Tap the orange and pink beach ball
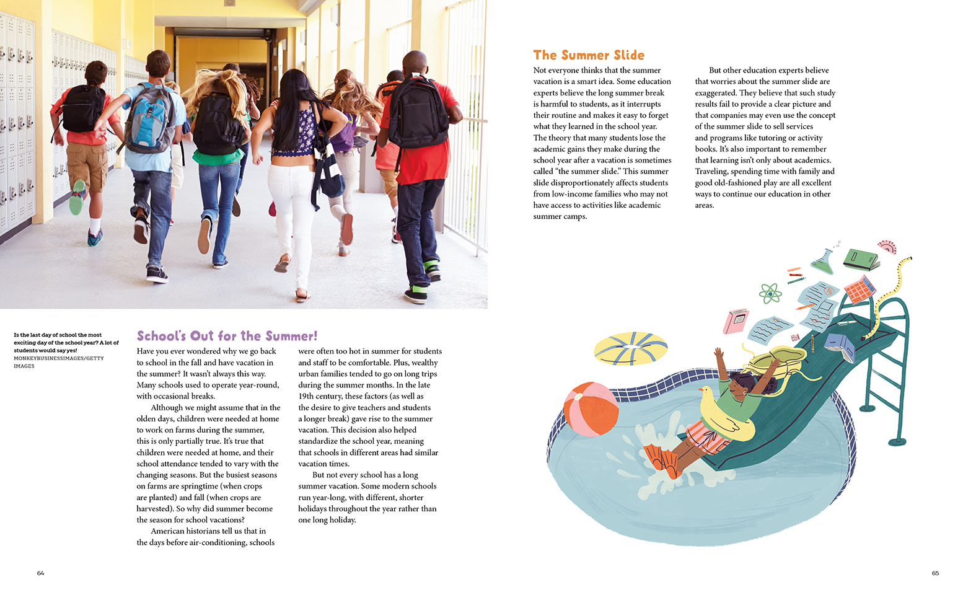point(591,409)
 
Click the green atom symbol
point(770,293)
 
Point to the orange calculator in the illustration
point(859,289)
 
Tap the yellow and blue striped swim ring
point(631,348)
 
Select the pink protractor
point(888,247)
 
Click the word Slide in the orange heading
point(628,55)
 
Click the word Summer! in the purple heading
point(291,336)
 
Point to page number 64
point(40,573)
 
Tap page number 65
point(935,573)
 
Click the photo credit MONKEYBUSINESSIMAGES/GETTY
point(58,358)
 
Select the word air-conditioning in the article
point(218,542)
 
